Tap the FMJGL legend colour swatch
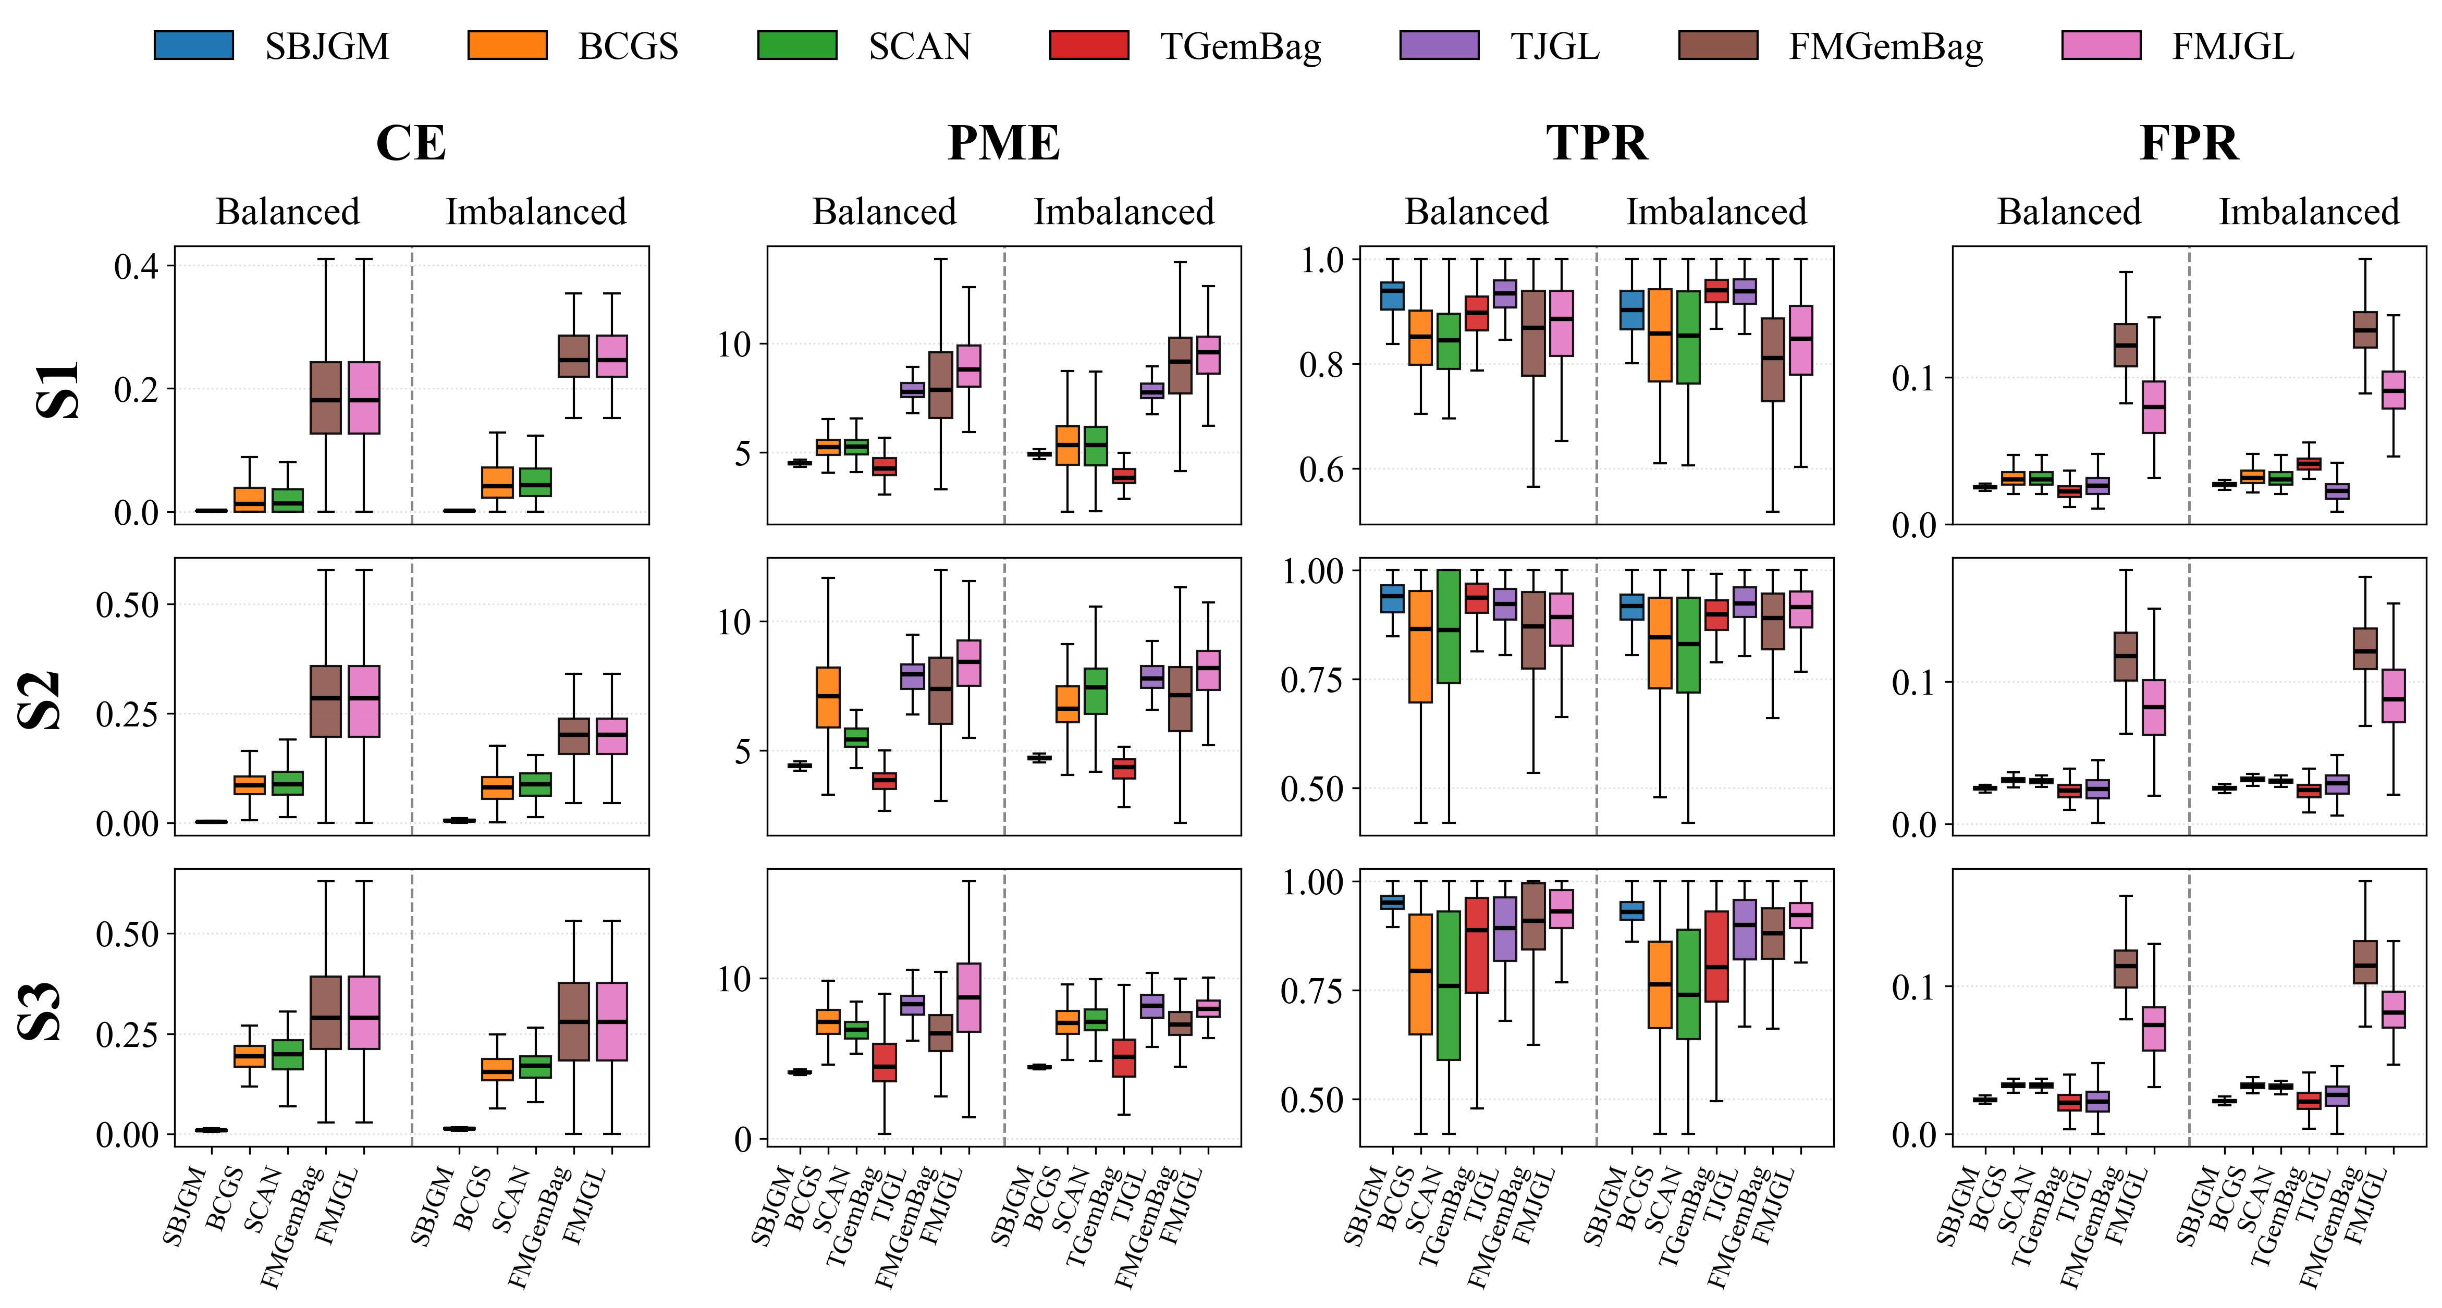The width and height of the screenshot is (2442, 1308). point(2101,45)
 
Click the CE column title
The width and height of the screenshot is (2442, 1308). point(411,143)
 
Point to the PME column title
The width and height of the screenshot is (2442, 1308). point(1004,143)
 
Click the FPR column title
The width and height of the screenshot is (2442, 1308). point(2189,143)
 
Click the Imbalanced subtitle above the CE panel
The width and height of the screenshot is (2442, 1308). point(536,212)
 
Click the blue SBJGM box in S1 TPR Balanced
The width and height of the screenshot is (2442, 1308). point(1392,295)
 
